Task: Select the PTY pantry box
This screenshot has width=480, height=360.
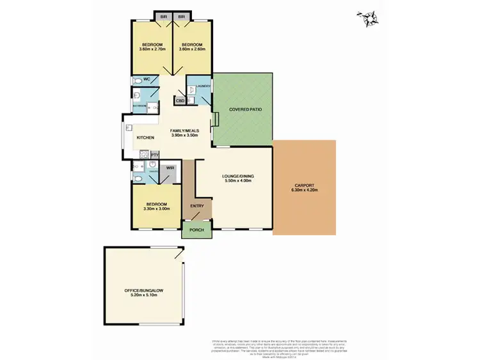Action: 154,155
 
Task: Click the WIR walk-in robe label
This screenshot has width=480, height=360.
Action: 170,168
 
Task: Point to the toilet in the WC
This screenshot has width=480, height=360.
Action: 136,81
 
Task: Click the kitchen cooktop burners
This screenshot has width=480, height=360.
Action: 145,155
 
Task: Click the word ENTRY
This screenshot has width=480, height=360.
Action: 197,206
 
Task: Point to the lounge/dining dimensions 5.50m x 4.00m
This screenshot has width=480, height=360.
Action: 237,181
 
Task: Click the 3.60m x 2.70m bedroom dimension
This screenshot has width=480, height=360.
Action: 152,49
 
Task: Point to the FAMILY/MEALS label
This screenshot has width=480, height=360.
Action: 184,130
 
